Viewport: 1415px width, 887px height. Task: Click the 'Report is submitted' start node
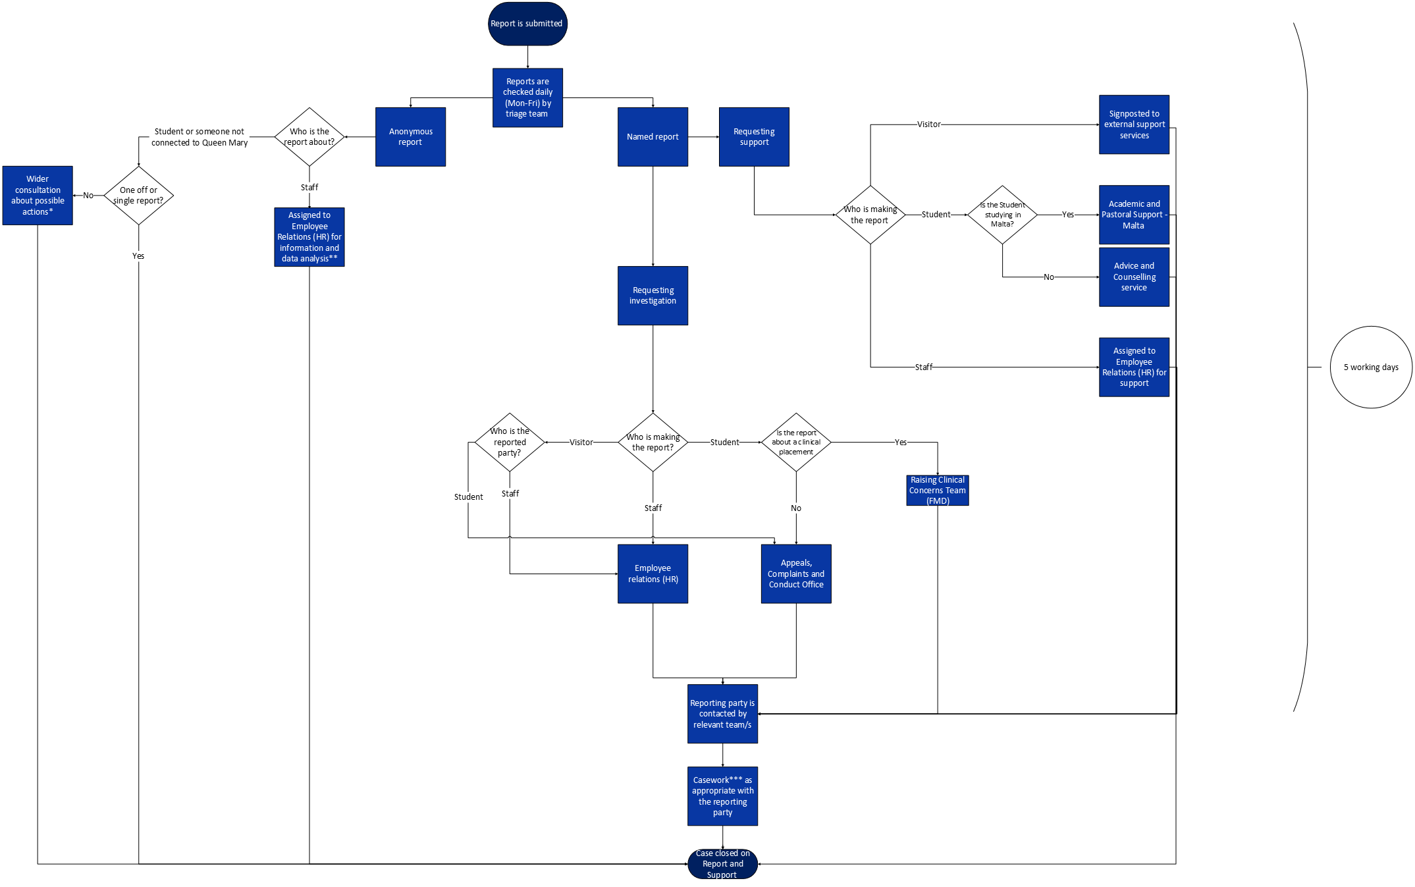527,24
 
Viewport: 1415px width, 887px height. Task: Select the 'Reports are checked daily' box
527,97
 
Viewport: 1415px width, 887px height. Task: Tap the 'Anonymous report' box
410,137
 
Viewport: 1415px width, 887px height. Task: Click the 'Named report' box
653,137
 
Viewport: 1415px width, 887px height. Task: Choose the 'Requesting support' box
754,137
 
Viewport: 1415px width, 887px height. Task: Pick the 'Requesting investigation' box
653,296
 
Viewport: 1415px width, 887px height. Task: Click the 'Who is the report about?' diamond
309,137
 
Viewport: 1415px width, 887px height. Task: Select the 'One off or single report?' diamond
138,196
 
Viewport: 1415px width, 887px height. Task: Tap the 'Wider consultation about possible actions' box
38,196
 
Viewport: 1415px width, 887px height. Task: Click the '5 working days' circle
1371,367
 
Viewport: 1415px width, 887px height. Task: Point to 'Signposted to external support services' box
1134,124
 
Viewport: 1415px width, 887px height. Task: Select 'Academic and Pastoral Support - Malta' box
1134,215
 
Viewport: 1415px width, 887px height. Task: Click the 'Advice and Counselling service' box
1134,277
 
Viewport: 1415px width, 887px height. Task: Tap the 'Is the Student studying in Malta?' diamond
1002,215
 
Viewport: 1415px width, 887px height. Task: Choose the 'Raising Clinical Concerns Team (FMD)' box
937,491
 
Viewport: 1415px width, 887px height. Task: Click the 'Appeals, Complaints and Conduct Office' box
796,574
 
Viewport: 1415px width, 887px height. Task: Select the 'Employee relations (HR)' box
653,574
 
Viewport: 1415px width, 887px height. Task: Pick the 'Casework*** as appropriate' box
722,796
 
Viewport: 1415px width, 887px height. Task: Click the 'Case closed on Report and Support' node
722,864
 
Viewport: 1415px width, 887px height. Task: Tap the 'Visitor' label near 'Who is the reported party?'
581,443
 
